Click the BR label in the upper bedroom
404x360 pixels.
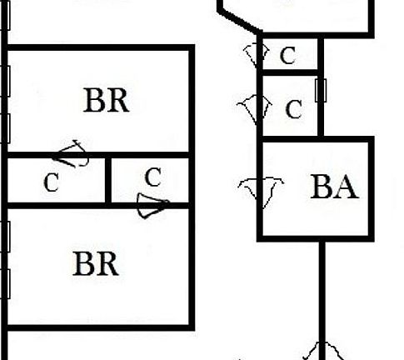(x=107, y=100)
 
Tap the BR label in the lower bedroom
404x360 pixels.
(x=96, y=263)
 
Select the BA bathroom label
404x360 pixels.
(x=334, y=187)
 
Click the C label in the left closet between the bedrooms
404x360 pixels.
(x=52, y=182)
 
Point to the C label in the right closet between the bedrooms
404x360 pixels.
(x=153, y=177)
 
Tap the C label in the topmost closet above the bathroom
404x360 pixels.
(x=287, y=56)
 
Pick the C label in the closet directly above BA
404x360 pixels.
(x=293, y=109)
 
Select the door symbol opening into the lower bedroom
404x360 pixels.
(x=153, y=206)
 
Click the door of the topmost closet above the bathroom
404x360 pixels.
(x=257, y=56)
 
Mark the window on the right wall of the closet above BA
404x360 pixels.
(x=321, y=90)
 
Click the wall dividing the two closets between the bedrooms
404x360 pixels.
(x=108, y=180)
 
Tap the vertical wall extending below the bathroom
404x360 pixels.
(x=322, y=301)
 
